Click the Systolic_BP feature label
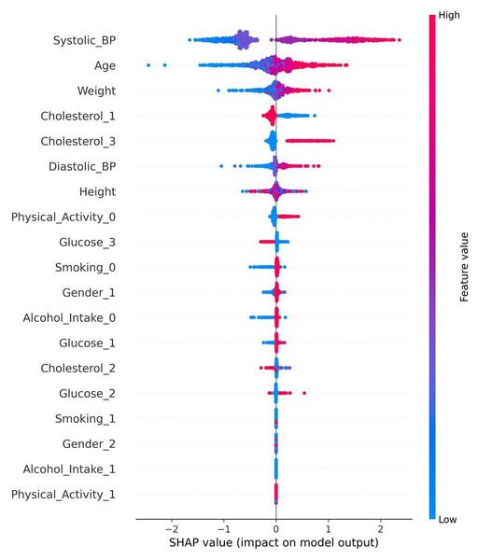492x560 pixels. click(x=91, y=40)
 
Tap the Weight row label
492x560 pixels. click(x=103, y=91)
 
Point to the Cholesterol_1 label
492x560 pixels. click(x=85, y=116)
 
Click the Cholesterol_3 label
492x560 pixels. click(x=85, y=141)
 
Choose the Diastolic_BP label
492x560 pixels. click(x=89, y=166)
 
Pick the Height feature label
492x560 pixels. click(x=105, y=191)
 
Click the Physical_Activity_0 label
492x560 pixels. click(x=70, y=217)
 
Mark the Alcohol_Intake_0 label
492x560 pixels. click(x=76, y=317)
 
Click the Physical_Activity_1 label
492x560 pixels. click(x=70, y=493)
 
